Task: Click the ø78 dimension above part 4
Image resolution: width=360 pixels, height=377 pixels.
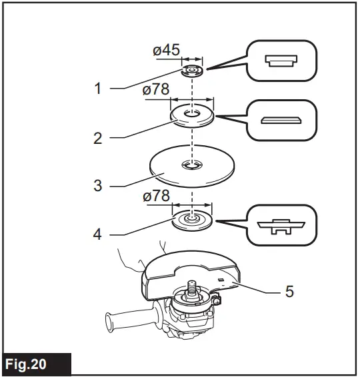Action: (157, 196)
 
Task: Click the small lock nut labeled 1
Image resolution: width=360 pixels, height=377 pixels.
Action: (192, 70)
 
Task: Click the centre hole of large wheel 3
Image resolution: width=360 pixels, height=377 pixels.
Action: (192, 164)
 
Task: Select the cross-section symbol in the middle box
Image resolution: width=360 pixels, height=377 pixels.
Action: (280, 120)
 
